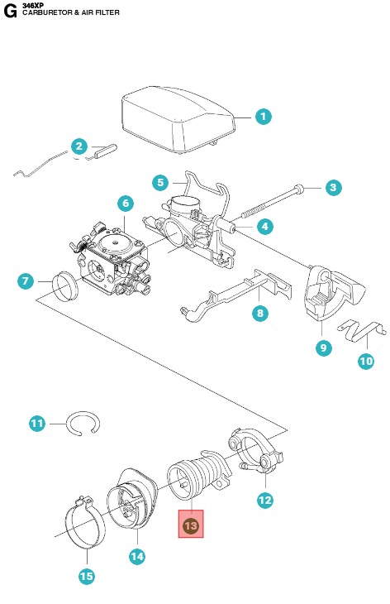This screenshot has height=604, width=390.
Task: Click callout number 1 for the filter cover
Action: [x=264, y=117]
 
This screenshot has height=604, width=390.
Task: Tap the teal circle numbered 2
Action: [x=78, y=146]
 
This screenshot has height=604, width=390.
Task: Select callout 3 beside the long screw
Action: [x=333, y=188]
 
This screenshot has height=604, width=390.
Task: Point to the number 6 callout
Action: [x=126, y=203]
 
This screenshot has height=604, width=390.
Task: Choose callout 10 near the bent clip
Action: [x=366, y=361]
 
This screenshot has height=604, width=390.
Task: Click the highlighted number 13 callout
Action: [x=191, y=525]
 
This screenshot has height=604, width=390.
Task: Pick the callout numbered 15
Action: [x=87, y=576]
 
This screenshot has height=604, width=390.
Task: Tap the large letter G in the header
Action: [x=10, y=12]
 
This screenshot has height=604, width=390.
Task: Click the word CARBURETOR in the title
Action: [x=47, y=12]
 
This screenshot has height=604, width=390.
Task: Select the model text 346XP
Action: [x=33, y=5]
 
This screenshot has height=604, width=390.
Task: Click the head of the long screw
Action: [x=299, y=189]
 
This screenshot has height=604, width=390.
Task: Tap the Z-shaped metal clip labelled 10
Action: [x=362, y=330]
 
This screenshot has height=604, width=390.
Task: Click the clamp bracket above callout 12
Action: [x=256, y=450]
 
